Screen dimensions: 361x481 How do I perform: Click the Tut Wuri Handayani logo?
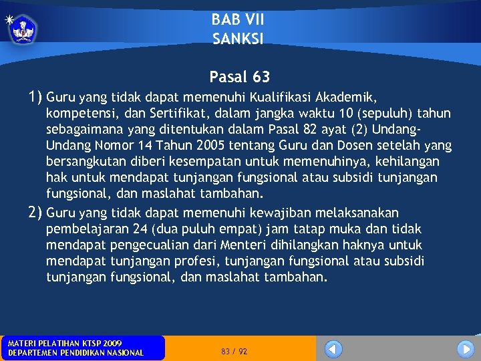23,29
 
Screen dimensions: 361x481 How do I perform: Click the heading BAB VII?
238,20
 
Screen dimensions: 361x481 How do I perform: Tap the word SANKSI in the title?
238,39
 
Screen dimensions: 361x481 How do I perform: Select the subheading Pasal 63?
239,78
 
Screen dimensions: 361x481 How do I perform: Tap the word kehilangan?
409,161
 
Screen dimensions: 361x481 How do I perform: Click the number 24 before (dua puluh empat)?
140,229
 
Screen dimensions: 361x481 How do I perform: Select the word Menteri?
234,245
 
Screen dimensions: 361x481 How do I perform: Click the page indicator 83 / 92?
234,351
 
